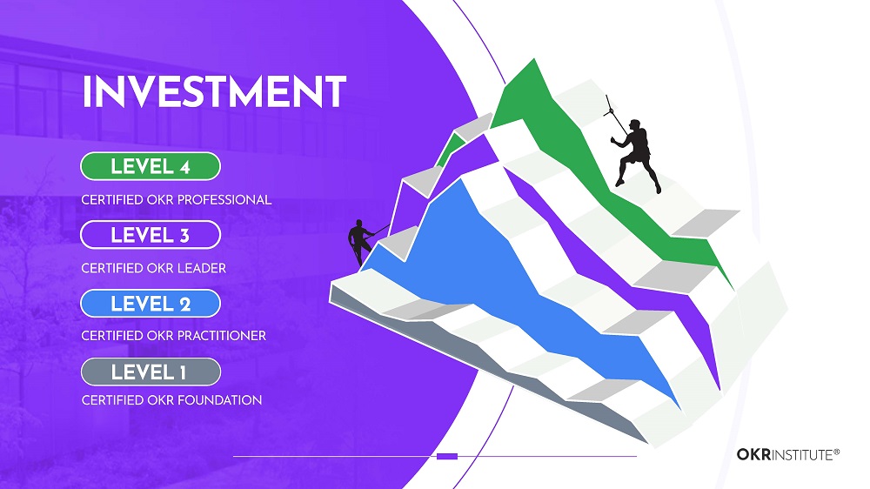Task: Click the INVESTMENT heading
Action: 214,91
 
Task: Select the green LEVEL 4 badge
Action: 151,166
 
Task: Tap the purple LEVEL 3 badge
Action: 151,235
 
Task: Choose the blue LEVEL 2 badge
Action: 151,304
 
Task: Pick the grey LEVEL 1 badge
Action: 151,372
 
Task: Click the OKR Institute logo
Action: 788,454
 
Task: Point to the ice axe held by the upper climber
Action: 616,115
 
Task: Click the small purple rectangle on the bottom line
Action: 447,456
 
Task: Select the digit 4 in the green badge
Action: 184,167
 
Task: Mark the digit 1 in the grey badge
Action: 183,372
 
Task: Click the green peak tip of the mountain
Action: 534,59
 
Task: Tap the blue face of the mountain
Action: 499,278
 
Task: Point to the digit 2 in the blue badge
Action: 184,305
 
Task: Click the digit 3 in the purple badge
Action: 184,235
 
